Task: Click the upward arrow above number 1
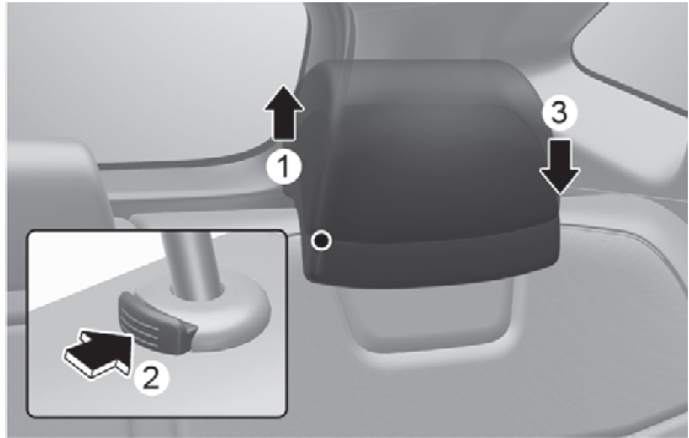pos(284,113)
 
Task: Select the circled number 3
pos(559,113)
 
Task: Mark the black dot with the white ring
pos(321,241)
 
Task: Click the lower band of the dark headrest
pos(431,262)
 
